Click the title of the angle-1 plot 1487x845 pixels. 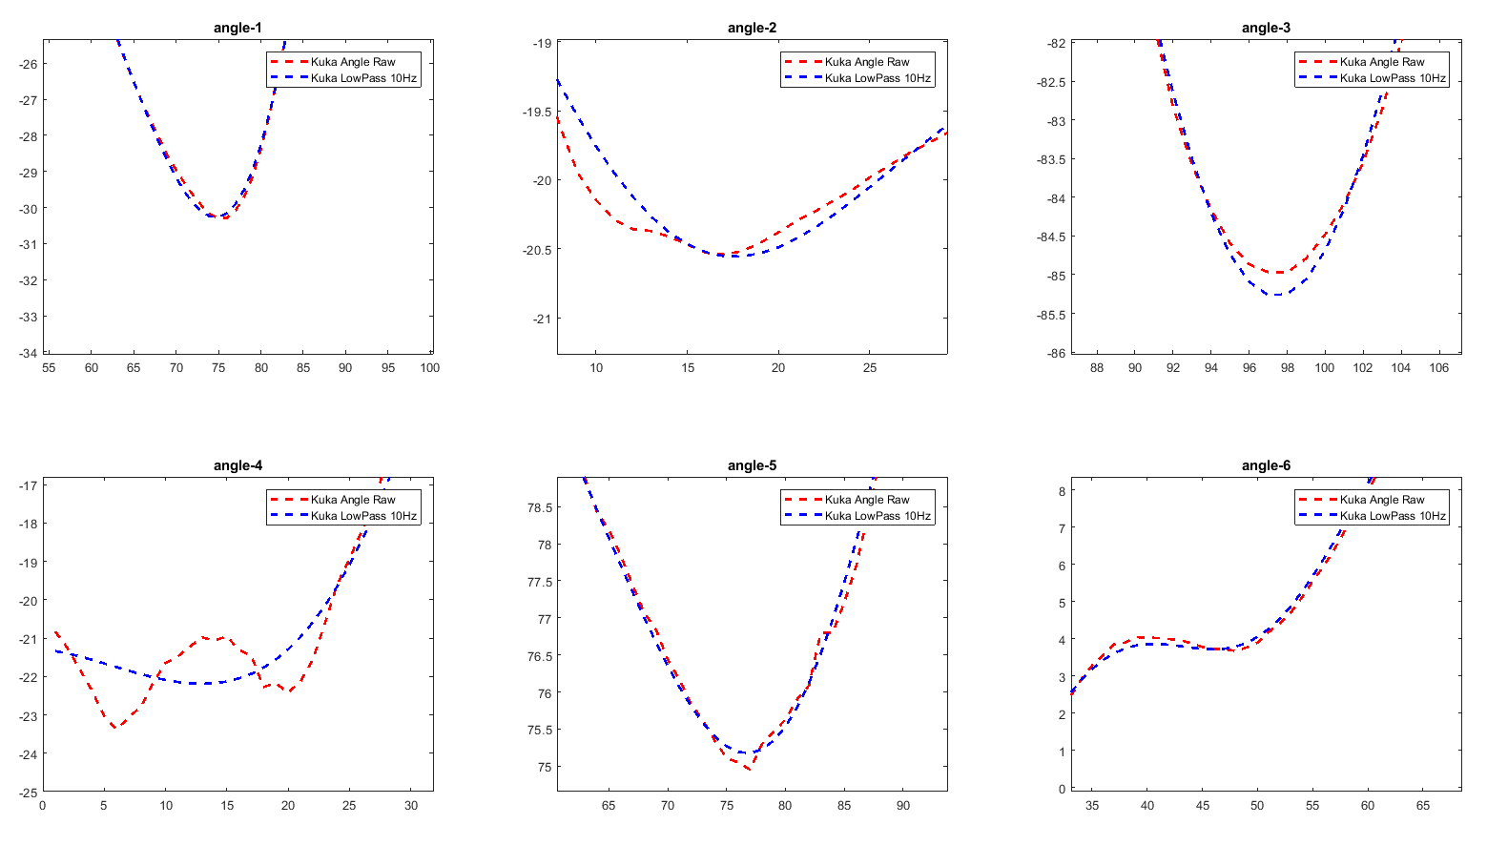tap(238, 28)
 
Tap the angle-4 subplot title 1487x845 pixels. tap(238, 465)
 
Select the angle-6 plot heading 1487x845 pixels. tap(1266, 465)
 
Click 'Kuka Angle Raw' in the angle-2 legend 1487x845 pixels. tap(867, 62)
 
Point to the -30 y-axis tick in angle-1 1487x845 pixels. tap(27, 209)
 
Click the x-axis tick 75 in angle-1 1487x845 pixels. tap(218, 368)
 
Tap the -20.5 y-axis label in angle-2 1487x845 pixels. tap(537, 250)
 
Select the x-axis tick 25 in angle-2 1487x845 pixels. tap(870, 368)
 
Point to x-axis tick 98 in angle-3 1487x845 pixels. tap(1287, 368)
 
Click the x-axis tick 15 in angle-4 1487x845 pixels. tap(227, 806)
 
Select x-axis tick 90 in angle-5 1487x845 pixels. tap(903, 806)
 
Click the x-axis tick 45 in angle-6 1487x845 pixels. tap(1203, 806)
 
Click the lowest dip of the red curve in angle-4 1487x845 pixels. tap(116, 728)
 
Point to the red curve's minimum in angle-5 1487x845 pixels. tap(749, 769)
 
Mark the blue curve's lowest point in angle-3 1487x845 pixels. tap(1276, 295)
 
